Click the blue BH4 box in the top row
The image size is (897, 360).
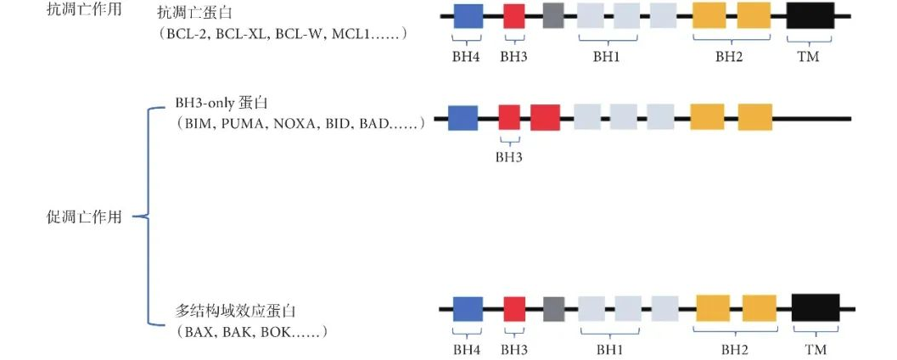click(x=468, y=16)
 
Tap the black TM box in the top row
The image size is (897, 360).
click(x=810, y=16)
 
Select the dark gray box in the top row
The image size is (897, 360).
click(x=553, y=16)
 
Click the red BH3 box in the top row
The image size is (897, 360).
click(x=514, y=16)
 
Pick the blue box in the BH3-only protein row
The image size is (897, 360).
click(x=463, y=118)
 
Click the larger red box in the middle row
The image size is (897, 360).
click(x=545, y=118)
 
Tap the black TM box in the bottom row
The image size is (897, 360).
click(x=816, y=308)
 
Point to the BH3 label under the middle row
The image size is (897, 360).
click(x=509, y=157)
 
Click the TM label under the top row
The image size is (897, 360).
click(x=808, y=57)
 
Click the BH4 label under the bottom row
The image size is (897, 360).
click(x=467, y=349)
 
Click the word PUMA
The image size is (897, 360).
click(x=244, y=125)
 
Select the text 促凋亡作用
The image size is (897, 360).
click(x=84, y=217)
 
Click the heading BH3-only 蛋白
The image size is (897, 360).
click(x=221, y=104)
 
